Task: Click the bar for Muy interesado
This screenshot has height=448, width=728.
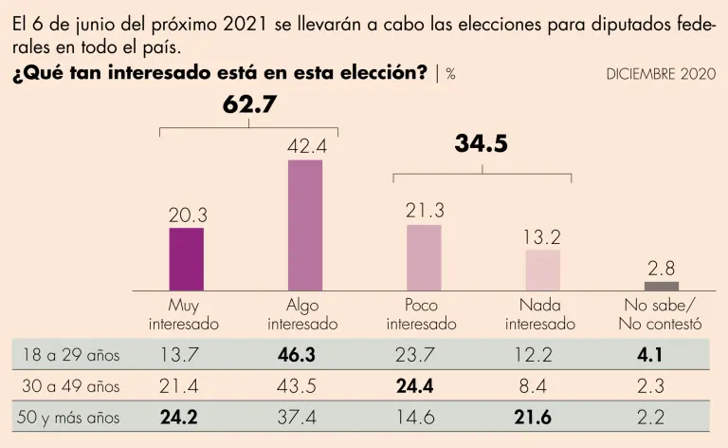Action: click(186, 258)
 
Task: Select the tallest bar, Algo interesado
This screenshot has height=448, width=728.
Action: click(305, 224)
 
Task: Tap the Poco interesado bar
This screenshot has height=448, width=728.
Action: click(424, 256)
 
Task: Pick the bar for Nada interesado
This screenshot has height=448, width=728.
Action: click(543, 270)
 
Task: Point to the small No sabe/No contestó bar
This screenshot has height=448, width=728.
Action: click(662, 286)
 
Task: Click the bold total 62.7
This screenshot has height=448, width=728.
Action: click(249, 105)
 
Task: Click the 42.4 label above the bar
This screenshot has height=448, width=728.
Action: click(306, 146)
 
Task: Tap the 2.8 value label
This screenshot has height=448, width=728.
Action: click(662, 267)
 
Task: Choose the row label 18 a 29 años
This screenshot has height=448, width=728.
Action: click(72, 355)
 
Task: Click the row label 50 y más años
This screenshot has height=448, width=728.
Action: click(72, 417)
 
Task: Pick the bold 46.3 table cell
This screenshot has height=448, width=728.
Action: click(305, 355)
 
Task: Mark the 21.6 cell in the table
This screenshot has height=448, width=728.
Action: click(543, 417)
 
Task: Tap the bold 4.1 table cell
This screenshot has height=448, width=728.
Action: click(662, 355)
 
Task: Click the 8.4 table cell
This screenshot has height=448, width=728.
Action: click(543, 386)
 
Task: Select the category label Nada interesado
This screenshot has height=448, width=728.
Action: click(540, 314)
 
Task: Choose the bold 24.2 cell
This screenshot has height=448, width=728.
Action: click(186, 417)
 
